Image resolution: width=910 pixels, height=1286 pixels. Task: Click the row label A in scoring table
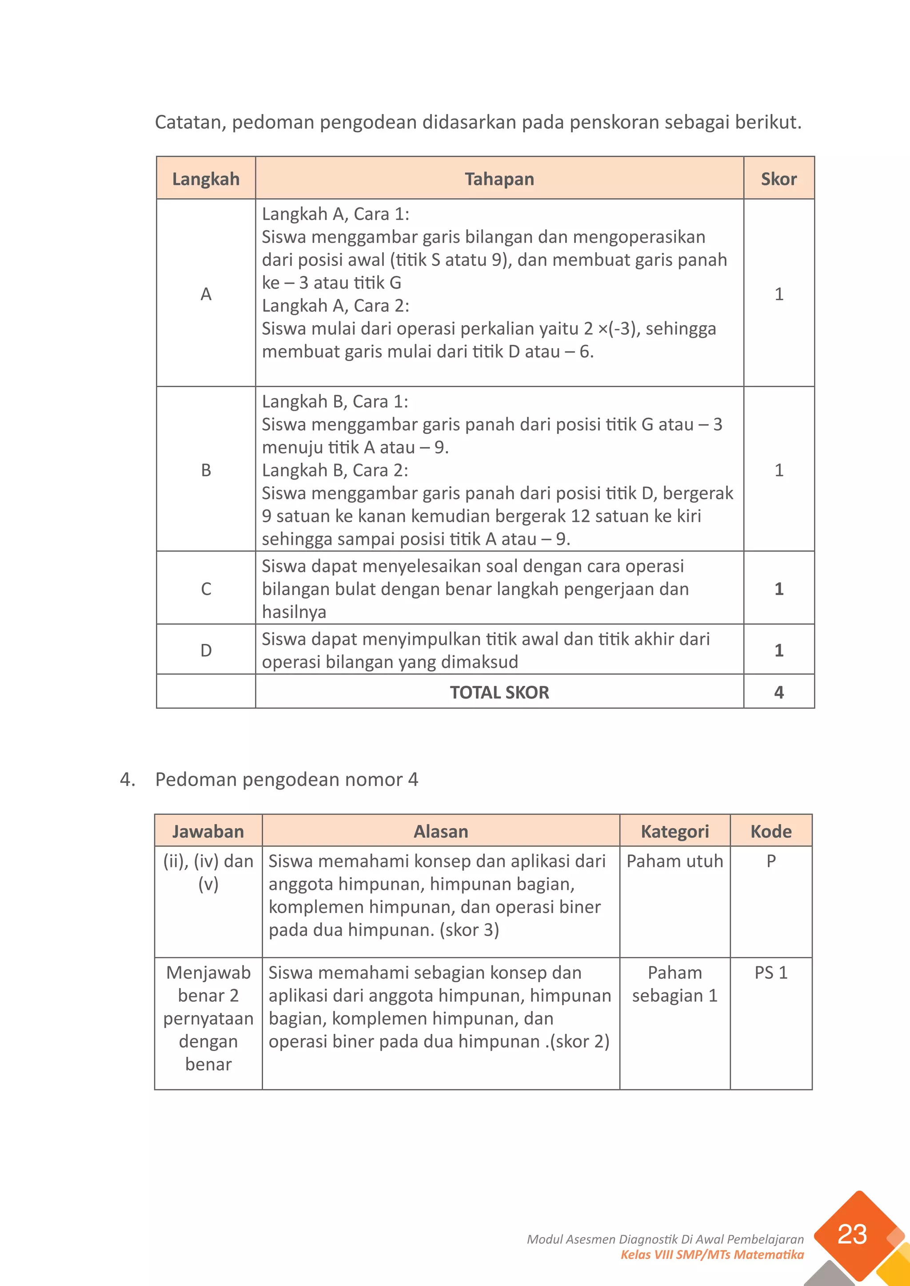(x=206, y=294)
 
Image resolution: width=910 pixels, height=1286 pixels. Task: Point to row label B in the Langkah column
(x=206, y=469)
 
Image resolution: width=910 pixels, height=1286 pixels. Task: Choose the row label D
(x=206, y=650)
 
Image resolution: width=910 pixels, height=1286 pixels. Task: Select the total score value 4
(x=778, y=692)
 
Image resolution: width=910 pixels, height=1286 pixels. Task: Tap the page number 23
(x=852, y=1234)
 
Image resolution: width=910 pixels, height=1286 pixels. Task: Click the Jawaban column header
(x=208, y=831)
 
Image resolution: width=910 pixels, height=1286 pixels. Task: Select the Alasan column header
(x=440, y=831)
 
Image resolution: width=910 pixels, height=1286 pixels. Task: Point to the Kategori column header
(x=675, y=831)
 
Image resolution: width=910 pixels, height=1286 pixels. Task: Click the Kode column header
(x=770, y=831)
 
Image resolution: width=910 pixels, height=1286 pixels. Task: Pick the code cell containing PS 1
(x=770, y=972)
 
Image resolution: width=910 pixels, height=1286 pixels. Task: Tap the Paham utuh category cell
(x=675, y=861)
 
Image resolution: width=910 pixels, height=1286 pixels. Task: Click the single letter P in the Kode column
(x=770, y=861)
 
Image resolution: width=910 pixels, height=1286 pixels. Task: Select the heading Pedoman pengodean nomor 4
(x=286, y=779)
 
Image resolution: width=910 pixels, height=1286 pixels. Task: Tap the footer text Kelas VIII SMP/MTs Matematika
(x=712, y=1254)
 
